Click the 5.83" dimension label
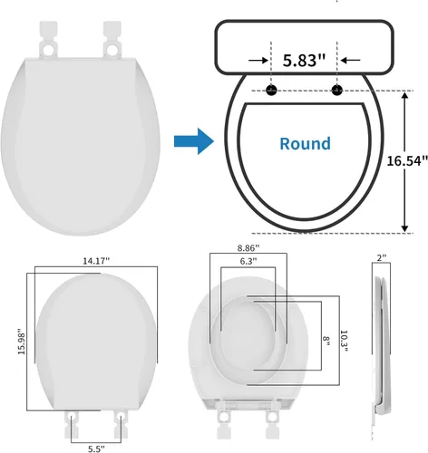304,61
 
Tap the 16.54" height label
407,160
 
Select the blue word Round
305,144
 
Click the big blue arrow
194,141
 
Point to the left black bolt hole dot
271,90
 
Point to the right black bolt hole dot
337,90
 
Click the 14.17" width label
96,261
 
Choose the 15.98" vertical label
22,342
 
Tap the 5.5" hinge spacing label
96,448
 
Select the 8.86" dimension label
248,248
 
